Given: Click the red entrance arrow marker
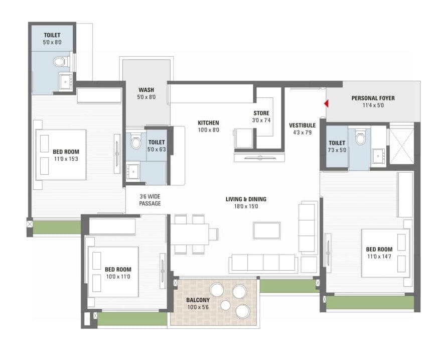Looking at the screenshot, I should coord(326,104).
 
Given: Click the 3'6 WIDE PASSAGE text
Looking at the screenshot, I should coord(150,200).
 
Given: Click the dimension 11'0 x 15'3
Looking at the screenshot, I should coord(66,159).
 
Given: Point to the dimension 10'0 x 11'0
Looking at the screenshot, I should coord(118,277).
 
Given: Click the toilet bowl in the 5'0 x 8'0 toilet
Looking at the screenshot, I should coord(60,62).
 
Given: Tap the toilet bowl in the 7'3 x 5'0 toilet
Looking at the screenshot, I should coord(360,138).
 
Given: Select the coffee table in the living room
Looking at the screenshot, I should coord(266,230).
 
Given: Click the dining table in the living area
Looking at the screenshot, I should coord(190,234).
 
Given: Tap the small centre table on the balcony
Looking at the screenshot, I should coord(226,305).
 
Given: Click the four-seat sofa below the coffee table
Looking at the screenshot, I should coord(262,263).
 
